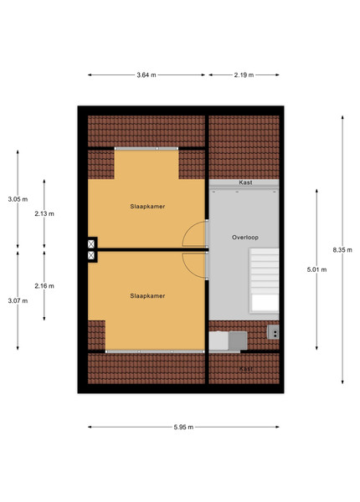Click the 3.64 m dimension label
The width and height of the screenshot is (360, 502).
tap(147, 75)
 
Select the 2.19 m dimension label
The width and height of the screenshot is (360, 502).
tap(244, 75)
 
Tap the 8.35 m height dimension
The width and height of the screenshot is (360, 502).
tap(342, 250)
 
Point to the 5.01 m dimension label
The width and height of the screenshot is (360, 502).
tap(316, 269)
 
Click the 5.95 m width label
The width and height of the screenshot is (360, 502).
tap(183, 427)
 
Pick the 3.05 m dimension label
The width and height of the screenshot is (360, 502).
tap(18, 199)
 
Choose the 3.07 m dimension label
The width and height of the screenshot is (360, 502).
tap(18, 300)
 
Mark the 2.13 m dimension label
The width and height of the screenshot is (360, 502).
tap(44, 213)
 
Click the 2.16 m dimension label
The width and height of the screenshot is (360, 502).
tap(44, 286)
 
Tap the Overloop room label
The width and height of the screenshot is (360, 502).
tap(245, 238)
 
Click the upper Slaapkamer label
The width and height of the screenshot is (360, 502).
tap(147, 207)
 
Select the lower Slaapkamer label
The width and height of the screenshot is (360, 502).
tap(147, 296)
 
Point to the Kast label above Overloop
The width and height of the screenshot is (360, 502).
tap(245, 182)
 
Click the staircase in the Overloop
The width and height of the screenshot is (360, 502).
tap(265, 280)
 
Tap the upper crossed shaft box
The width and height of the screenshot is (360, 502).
tap(91, 244)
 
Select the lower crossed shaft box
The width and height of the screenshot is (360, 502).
tap(91, 255)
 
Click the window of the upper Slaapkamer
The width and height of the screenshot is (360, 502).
tap(147, 149)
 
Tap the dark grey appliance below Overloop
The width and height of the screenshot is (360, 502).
tap(238, 341)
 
